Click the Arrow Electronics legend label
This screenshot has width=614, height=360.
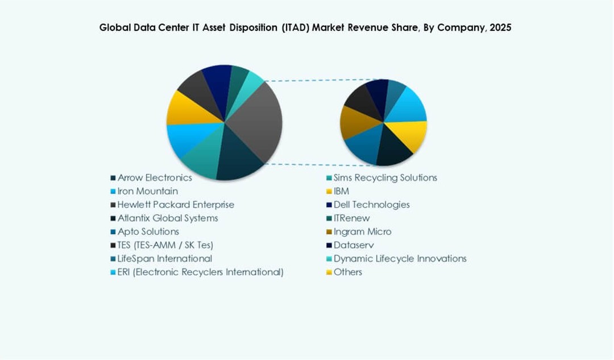click(x=155, y=177)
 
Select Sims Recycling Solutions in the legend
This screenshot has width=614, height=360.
click(x=385, y=177)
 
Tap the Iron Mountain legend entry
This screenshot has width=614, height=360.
click(x=148, y=191)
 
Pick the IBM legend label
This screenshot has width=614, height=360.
click(x=341, y=191)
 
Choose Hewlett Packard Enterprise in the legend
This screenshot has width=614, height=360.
click(x=176, y=204)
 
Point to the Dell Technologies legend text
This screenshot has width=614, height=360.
click(x=371, y=204)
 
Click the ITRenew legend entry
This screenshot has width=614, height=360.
click(x=351, y=218)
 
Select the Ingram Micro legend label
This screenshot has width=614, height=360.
click(x=362, y=231)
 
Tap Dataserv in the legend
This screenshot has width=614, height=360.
click(x=354, y=245)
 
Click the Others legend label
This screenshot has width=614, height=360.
click(x=347, y=272)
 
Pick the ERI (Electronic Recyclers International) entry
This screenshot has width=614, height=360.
click(x=200, y=272)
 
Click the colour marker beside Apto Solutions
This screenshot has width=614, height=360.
click(x=113, y=232)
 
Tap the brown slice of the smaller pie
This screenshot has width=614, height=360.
click(x=351, y=121)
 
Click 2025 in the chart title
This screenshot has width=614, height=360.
click(x=499, y=27)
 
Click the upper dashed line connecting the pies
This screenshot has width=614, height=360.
click(x=318, y=80)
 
